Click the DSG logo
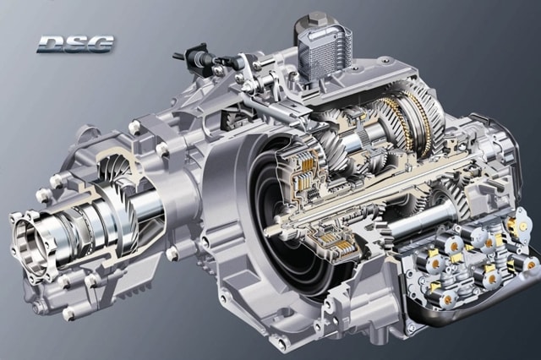click(x=75, y=44)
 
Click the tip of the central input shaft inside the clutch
click(x=269, y=230)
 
